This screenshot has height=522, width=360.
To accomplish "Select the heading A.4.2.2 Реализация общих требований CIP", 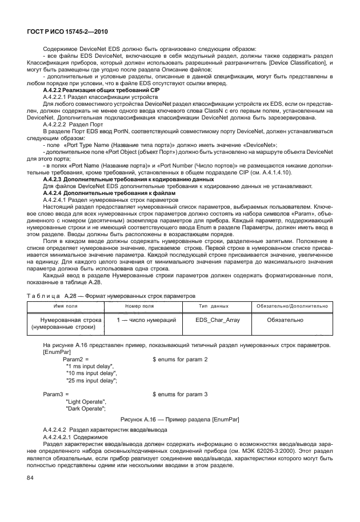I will (x=101, y=91).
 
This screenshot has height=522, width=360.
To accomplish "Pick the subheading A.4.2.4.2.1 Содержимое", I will (x=75, y=436).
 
